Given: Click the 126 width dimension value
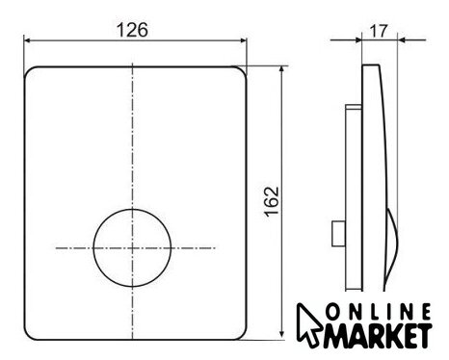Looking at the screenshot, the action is tap(132, 30).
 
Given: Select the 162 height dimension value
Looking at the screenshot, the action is tap(272, 201).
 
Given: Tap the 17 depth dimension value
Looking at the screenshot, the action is tap(379, 31).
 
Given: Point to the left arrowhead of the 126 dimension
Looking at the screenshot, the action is tap(28, 40).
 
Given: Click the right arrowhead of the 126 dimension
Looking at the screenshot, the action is tap(243, 40).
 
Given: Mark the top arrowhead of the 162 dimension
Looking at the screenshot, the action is tap(282, 70).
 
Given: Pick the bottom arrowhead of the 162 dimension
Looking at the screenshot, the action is tap(282, 335).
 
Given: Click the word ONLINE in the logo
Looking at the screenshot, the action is tap(379, 312).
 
